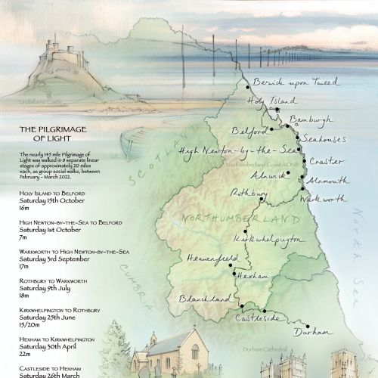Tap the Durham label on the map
(x=311, y=332)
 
